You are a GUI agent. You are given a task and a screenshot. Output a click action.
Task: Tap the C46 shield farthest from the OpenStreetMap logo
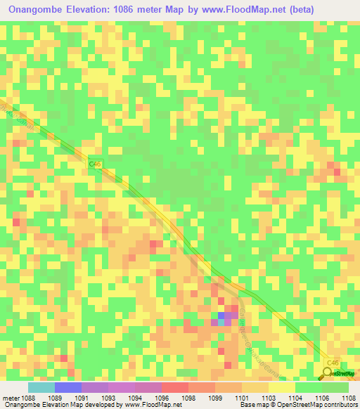click(x=96, y=164)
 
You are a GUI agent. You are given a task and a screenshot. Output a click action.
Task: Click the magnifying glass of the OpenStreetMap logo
click(x=328, y=372)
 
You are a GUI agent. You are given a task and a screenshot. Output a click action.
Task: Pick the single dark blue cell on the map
click(x=221, y=316)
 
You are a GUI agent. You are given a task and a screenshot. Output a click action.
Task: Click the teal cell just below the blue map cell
click(x=221, y=323)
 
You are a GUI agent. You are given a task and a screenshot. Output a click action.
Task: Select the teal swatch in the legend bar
click(x=41, y=387)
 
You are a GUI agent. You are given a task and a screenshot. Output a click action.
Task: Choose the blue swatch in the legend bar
click(x=68, y=387)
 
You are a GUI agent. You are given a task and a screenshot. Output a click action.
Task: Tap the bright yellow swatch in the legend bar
click(x=282, y=387)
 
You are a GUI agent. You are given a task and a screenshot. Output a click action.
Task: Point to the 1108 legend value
click(x=349, y=397)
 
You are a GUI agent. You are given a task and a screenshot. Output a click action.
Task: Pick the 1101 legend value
click(x=243, y=397)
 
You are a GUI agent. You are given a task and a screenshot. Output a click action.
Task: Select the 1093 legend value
click(x=109, y=397)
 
